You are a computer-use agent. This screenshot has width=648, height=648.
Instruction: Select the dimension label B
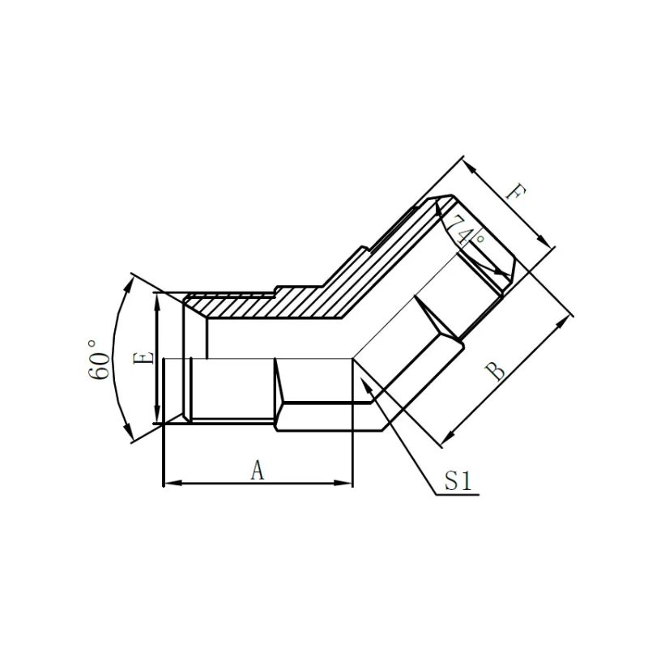[495, 372]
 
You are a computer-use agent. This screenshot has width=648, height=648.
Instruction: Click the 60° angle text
[102, 359]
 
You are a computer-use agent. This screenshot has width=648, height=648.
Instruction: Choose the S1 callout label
[458, 482]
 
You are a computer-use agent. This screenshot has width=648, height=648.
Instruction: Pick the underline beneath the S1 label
[458, 495]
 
